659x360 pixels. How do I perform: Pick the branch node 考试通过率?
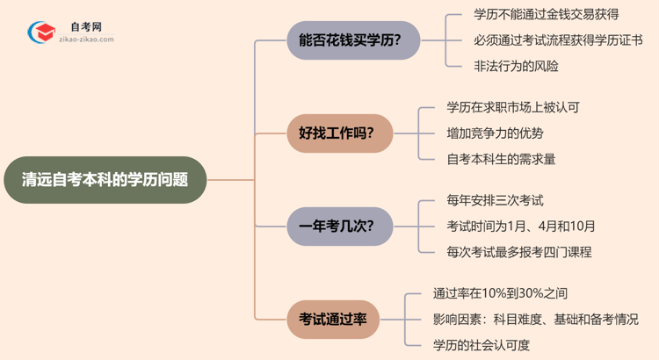[x=333, y=319]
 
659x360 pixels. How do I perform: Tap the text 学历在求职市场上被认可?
[x=513, y=108]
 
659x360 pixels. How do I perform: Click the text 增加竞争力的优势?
[x=495, y=133]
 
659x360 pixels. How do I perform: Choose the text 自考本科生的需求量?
[x=501, y=159]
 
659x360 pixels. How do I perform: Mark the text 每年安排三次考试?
[x=495, y=200]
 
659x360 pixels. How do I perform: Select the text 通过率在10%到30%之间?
[x=494, y=293]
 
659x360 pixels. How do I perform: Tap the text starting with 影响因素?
[x=535, y=319]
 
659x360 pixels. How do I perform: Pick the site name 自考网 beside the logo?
[x=85, y=27]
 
